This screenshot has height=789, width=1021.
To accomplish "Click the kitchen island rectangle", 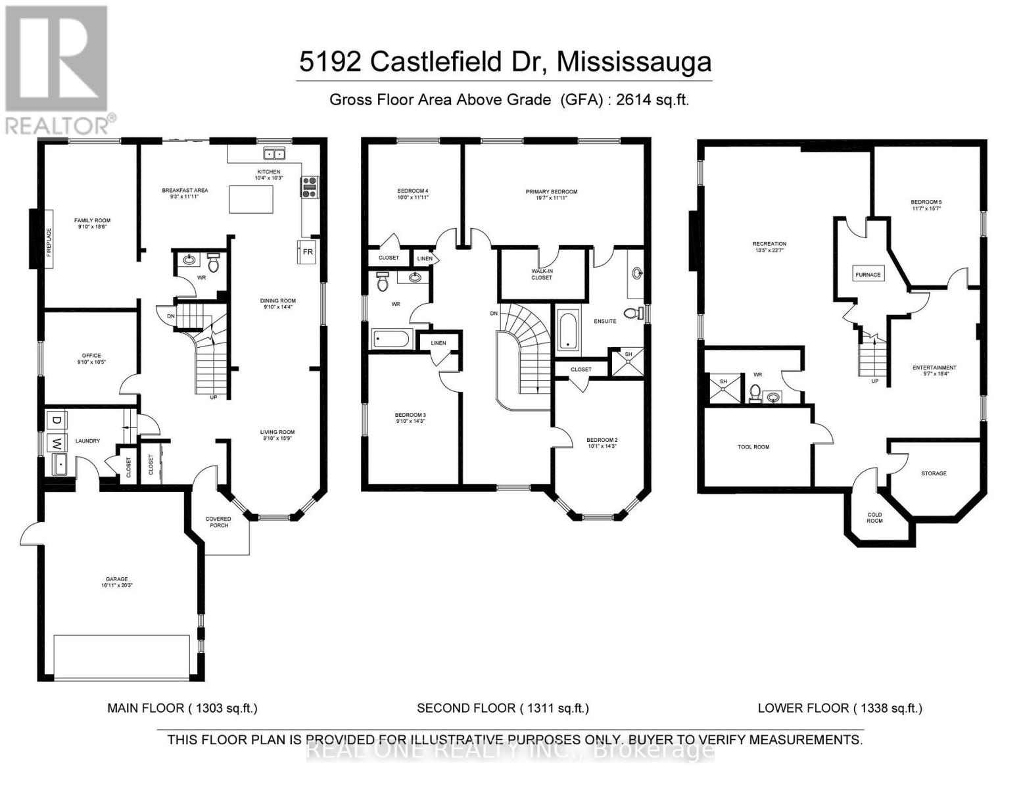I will [x=251, y=199].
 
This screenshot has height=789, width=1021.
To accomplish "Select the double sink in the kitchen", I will [x=274, y=154].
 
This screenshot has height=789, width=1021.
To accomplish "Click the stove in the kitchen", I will [x=309, y=187].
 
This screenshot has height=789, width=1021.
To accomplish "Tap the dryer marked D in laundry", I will [x=57, y=420].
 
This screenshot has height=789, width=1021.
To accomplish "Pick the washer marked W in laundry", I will [x=57, y=442].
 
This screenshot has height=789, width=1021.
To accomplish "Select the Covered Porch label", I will [x=219, y=522].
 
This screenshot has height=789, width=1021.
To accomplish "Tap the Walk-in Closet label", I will [x=542, y=274].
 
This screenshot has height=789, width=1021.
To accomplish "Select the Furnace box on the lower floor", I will [x=868, y=274].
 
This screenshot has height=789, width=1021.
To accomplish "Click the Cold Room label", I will [x=874, y=517].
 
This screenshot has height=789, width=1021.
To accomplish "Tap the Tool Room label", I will [x=753, y=447].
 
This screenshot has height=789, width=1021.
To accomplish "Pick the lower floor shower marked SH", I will [x=723, y=388].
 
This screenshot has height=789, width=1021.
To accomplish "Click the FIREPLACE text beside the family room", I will [x=49, y=238].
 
